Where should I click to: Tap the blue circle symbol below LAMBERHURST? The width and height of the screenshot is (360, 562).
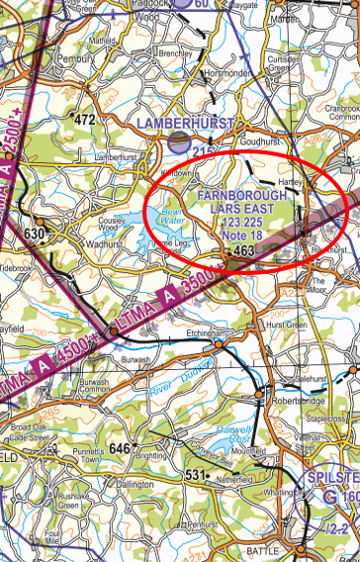click(178, 142)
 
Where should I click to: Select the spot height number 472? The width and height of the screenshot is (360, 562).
click(85, 120)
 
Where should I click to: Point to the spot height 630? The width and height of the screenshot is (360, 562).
click(35, 234)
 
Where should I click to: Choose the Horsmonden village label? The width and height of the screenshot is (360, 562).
click(227, 73)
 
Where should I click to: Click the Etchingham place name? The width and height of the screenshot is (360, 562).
click(206, 334)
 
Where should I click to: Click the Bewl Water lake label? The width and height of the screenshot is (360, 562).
click(172, 215)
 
